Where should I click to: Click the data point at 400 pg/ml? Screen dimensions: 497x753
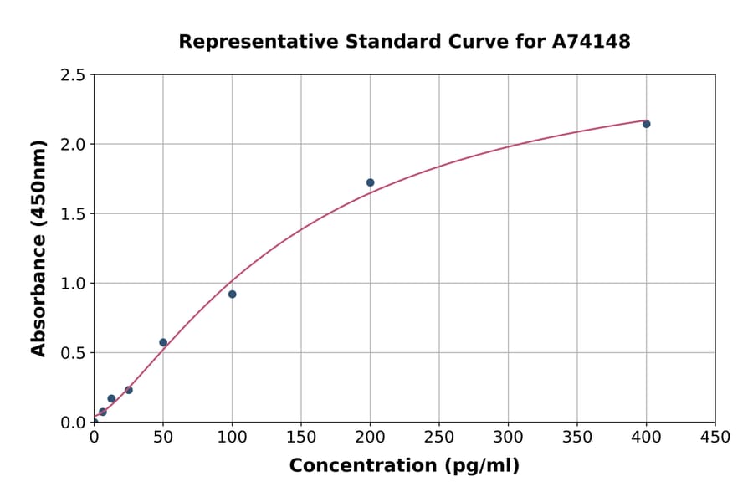646,124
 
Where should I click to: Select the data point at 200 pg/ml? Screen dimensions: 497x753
370,182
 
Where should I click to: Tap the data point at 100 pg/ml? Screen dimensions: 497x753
232,294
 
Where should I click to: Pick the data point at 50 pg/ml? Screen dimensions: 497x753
163,342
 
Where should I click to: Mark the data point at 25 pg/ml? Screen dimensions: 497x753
129,390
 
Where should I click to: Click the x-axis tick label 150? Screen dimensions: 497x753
301,438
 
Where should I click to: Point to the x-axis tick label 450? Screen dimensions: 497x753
715,438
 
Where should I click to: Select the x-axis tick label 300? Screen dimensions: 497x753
508,438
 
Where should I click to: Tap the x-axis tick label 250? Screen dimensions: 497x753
439,438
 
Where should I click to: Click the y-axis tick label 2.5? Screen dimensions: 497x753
73,75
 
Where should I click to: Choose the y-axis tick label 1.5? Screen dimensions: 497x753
73,214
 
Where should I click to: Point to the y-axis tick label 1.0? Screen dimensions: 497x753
73,284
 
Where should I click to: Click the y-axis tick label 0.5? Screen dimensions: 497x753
73,353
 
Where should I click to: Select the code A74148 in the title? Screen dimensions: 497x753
591,42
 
